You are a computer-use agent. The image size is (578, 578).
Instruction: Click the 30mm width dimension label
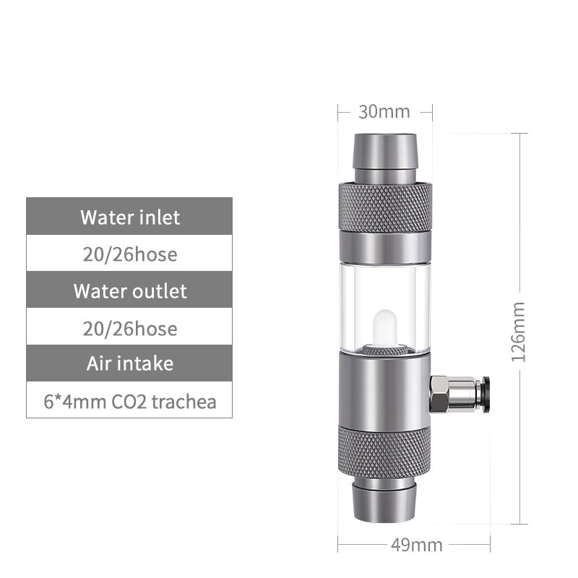click(x=384, y=112)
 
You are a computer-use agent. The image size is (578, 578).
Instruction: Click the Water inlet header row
click(x=129, y=216)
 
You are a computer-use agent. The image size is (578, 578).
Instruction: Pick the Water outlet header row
click(x=129, y=290)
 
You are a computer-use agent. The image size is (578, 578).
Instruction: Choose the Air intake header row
click(x=129, y=363)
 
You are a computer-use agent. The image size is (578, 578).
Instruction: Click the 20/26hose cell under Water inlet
click(x=129, y=254)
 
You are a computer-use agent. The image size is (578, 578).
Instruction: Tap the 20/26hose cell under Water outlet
click(x=129, y=328)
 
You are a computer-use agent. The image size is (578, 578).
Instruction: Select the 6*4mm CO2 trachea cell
click(x=129, y=401)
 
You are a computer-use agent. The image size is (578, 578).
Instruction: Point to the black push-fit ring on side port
click(x=486, y=394)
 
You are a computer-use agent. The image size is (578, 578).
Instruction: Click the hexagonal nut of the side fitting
click(x=439, y=394)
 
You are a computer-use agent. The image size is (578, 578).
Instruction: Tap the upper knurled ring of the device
click(x=384, y=207)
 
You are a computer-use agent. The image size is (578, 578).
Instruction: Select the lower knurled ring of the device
click(x=384, y=452)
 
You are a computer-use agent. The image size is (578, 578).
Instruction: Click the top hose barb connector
click(x=384, y=155)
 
